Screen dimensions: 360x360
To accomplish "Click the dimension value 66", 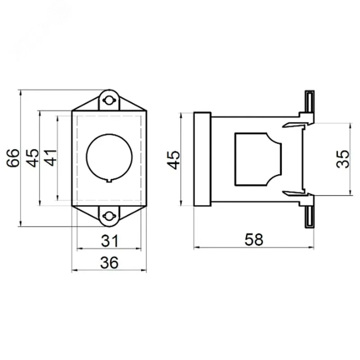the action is pyautogui.click(x=13, y=158).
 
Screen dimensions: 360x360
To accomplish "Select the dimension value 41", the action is pyautogui.click(x=50, y=158).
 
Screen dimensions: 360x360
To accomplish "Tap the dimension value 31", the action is pyautogui.click(x=110, y=241).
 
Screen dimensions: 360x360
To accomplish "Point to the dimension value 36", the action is pyautogui.click(x=109, y=262).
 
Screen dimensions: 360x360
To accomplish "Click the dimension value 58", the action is pyautogui.click(x=254, y=239).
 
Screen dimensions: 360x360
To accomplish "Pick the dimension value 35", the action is pyautogui.click(x=342, y=159).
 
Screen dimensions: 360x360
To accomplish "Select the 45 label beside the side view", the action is pyautogui.click(x=173, y=160).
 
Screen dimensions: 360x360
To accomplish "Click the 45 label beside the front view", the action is pyautogui.click(x=32, y=158).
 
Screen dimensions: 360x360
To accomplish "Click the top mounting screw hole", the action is pyautogui.click(x=109, y=100).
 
